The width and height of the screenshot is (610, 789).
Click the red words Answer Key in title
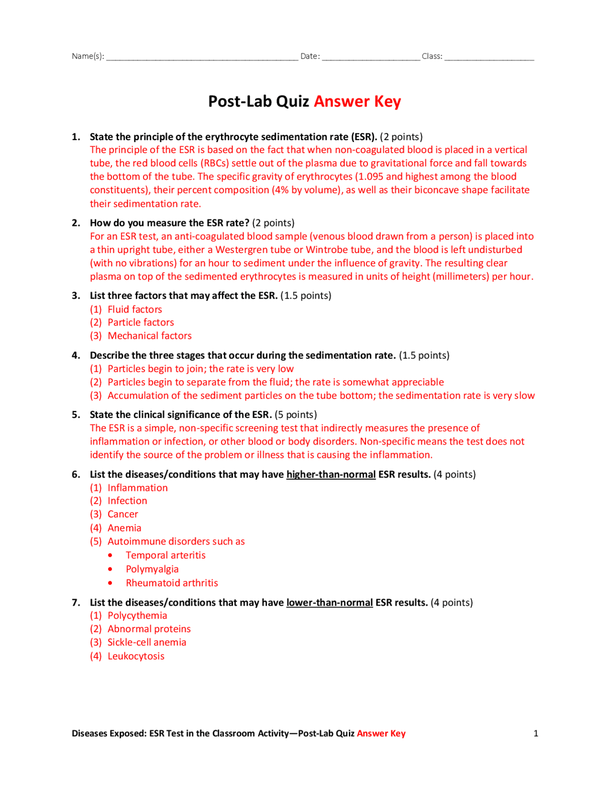pyautogui.click(x=357, y=101)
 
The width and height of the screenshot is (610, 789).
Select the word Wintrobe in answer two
pyautogui.click(x=325, y=250)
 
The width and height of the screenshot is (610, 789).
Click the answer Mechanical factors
pyautogui.click(x=150, y=336)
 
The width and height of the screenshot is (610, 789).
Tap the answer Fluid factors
pyautogui.click(x=135, y=309)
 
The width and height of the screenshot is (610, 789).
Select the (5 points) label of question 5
pyautogui.click(x=295, y=415)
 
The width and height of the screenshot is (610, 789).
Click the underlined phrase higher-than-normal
pyautogui.click(x=331, y=475)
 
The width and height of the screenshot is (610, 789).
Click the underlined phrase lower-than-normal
pyautogui.click(x=329, y=603)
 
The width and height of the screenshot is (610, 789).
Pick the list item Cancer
pyautogui.click(x=122, y=515)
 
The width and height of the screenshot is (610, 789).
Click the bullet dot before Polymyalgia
pyautogui.click(x=111, y=569)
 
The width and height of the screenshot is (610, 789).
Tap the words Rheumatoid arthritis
pyautogui.click(x=172, y=583)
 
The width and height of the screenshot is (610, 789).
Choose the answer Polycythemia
pyautogui.click(x=137, y=616)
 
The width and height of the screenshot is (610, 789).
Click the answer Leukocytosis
pyautogui.click(x=136, y=656)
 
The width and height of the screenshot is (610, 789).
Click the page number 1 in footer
pyautogui.click(x=536, y=734)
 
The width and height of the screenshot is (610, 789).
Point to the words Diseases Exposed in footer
pyautogui.click(x=109, y=734)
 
